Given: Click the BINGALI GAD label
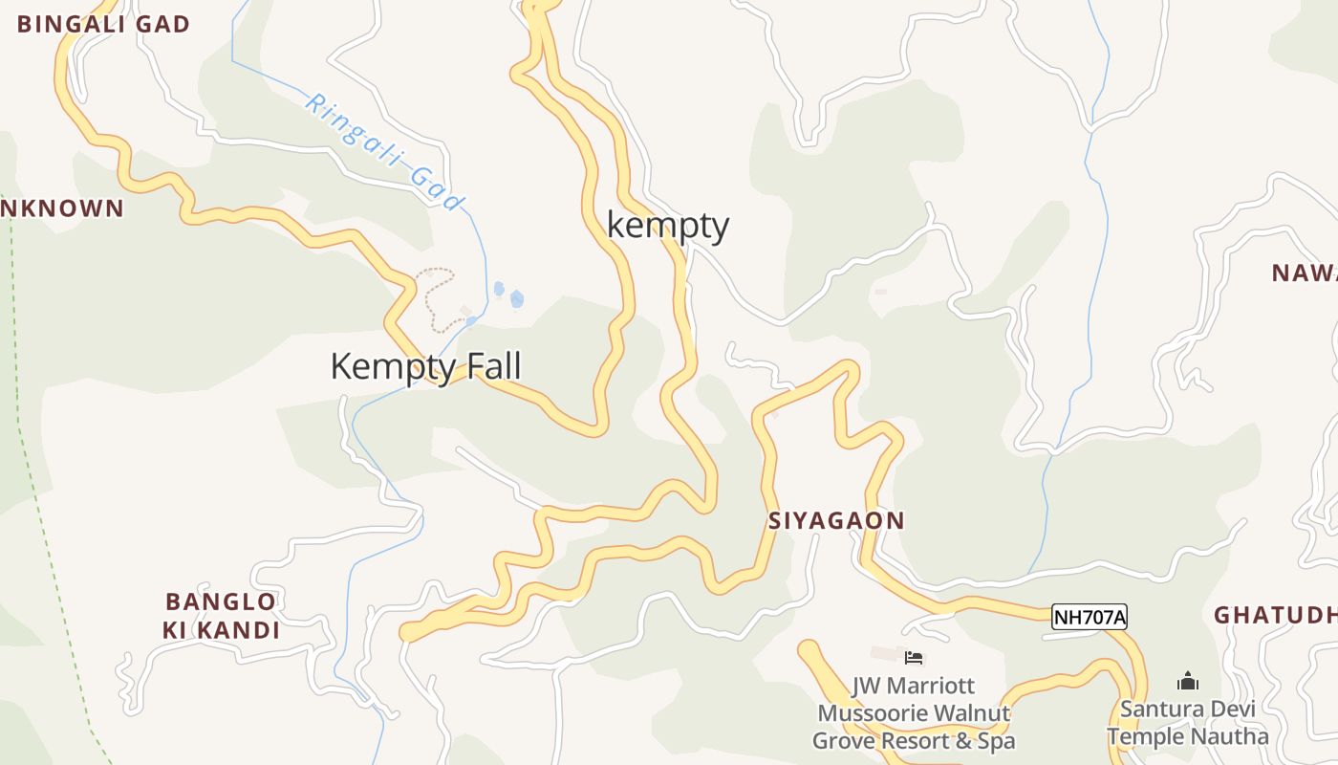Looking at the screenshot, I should click(x=103, y=25).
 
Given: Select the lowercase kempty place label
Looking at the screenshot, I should click(x=668, y=226).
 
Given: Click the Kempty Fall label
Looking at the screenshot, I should click(x=425, y=366).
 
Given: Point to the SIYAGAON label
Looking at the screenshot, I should click(x=836, y=521).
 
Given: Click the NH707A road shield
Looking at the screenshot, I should click(x=1090, y=618).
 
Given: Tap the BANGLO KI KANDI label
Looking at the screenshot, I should click(x=222, y=616).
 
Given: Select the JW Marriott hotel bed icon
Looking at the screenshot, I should click(x=914, y=657).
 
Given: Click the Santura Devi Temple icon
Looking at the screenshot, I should click(x=1188, y=681).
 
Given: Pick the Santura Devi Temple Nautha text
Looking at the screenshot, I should click(x=1188, y=723).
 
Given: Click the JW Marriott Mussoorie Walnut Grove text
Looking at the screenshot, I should click(x=913, y=713).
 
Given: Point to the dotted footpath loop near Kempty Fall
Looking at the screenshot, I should click(x=435, y=296).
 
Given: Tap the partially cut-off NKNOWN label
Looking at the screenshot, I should click(x=62, y=208).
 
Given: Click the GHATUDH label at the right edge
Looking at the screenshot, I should click(x=1275, y=615).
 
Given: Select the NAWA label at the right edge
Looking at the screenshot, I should click(x=1304, y=273).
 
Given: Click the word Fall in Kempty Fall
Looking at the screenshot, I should click(x=492, y=366).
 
